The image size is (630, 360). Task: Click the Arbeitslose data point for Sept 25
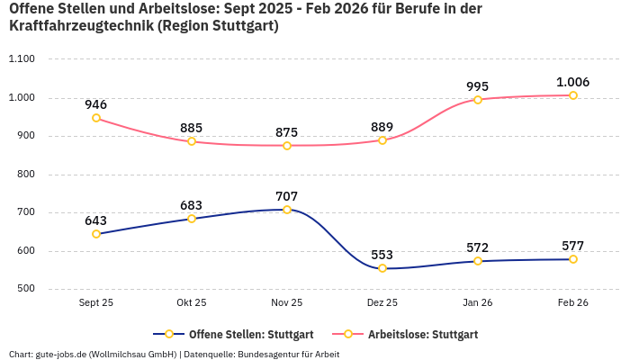96,118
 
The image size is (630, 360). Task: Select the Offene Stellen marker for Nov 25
287,210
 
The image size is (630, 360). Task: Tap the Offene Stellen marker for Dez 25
382,268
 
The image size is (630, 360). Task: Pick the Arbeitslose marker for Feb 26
573,95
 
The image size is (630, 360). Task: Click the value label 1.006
572,82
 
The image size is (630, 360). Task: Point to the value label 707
287,196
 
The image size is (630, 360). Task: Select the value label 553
382,255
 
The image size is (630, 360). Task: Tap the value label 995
478,86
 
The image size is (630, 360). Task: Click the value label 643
96,220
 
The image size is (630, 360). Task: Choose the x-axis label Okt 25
192,303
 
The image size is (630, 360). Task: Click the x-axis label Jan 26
478,303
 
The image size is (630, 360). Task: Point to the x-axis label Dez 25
382,303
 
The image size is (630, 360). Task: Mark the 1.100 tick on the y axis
21,59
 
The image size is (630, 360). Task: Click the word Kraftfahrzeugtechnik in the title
80,26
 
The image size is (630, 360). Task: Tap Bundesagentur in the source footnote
267,354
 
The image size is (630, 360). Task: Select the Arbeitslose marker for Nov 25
287,145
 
